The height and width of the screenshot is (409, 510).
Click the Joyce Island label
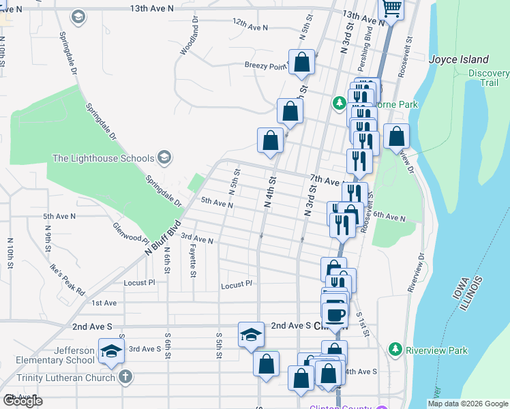coord(459,59)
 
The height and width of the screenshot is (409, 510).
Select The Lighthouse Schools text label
coord(104,159)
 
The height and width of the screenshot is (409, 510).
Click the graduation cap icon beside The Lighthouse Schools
coord(164,158)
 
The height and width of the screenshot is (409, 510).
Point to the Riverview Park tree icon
coord(395,350)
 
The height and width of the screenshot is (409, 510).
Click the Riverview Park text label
coord(437,350)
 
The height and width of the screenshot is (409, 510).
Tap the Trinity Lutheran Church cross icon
coord(125,377)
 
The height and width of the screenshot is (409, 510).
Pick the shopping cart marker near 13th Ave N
coord(391,8)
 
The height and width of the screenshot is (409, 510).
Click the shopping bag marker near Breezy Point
coord(302,63)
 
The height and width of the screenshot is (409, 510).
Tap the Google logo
coord(22,401)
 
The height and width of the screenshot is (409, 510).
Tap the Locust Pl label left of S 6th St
coord(140,282)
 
